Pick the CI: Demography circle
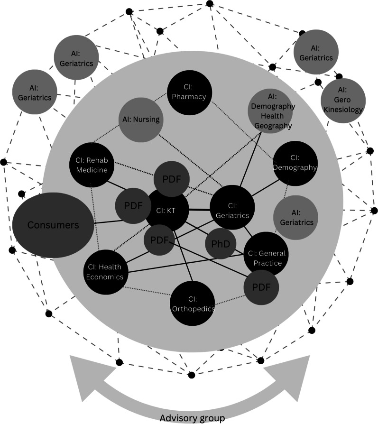(295, 162)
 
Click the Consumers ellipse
(52, 225)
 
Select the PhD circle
(221, 244)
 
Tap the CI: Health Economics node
(105, 271)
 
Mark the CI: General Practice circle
(265, 257)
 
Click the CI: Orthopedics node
(193, 304)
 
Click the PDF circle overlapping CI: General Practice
(261, 287)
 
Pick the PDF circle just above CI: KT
(171, 179)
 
